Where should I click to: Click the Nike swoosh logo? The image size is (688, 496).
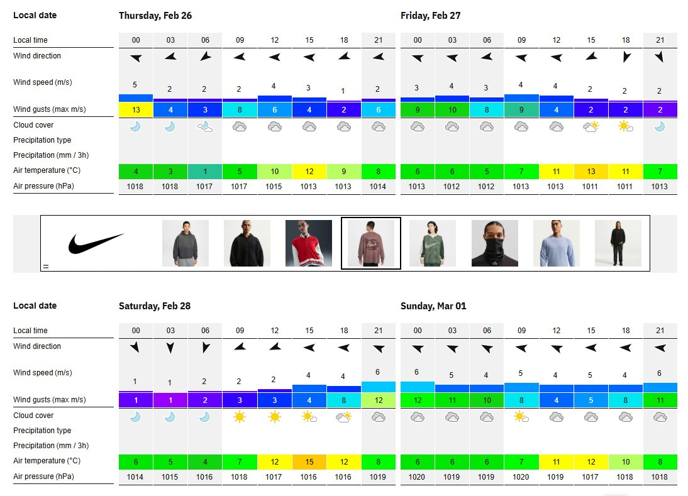(x=96, y=243)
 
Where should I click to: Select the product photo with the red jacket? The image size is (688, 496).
(x=308, y=243)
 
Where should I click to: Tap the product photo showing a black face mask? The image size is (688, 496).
(x=495, y=243)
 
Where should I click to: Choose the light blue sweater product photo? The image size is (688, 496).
(x=557, y=243)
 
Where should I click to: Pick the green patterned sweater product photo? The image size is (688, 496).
(x=433, y=243)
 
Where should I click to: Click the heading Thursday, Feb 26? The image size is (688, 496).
(x=155, y=16)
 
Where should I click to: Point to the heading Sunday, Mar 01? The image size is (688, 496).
(x=433, y=306)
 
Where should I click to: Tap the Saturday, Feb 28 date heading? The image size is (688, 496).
(x=155, y=306)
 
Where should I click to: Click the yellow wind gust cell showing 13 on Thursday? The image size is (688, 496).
(x=136, y=109)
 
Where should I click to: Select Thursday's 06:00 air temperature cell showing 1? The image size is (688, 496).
(x=205, y=171)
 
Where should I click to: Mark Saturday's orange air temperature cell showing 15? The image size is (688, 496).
(x=309, y=461)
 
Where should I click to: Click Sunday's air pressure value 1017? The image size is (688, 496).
(x=591, y=477)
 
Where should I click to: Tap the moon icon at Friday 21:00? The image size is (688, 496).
(x=660, y=126)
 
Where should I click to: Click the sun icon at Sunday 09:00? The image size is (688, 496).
(x=521, y=416)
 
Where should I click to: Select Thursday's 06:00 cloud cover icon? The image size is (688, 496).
(x=205, y=126)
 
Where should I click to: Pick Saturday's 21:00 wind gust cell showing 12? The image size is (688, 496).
(x=379, y=400)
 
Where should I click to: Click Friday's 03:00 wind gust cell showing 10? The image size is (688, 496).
(x=452, y=109)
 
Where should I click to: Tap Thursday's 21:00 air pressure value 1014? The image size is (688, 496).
(x=379, y=186)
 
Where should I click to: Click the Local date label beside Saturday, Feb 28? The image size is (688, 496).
(x=35, y=306)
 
